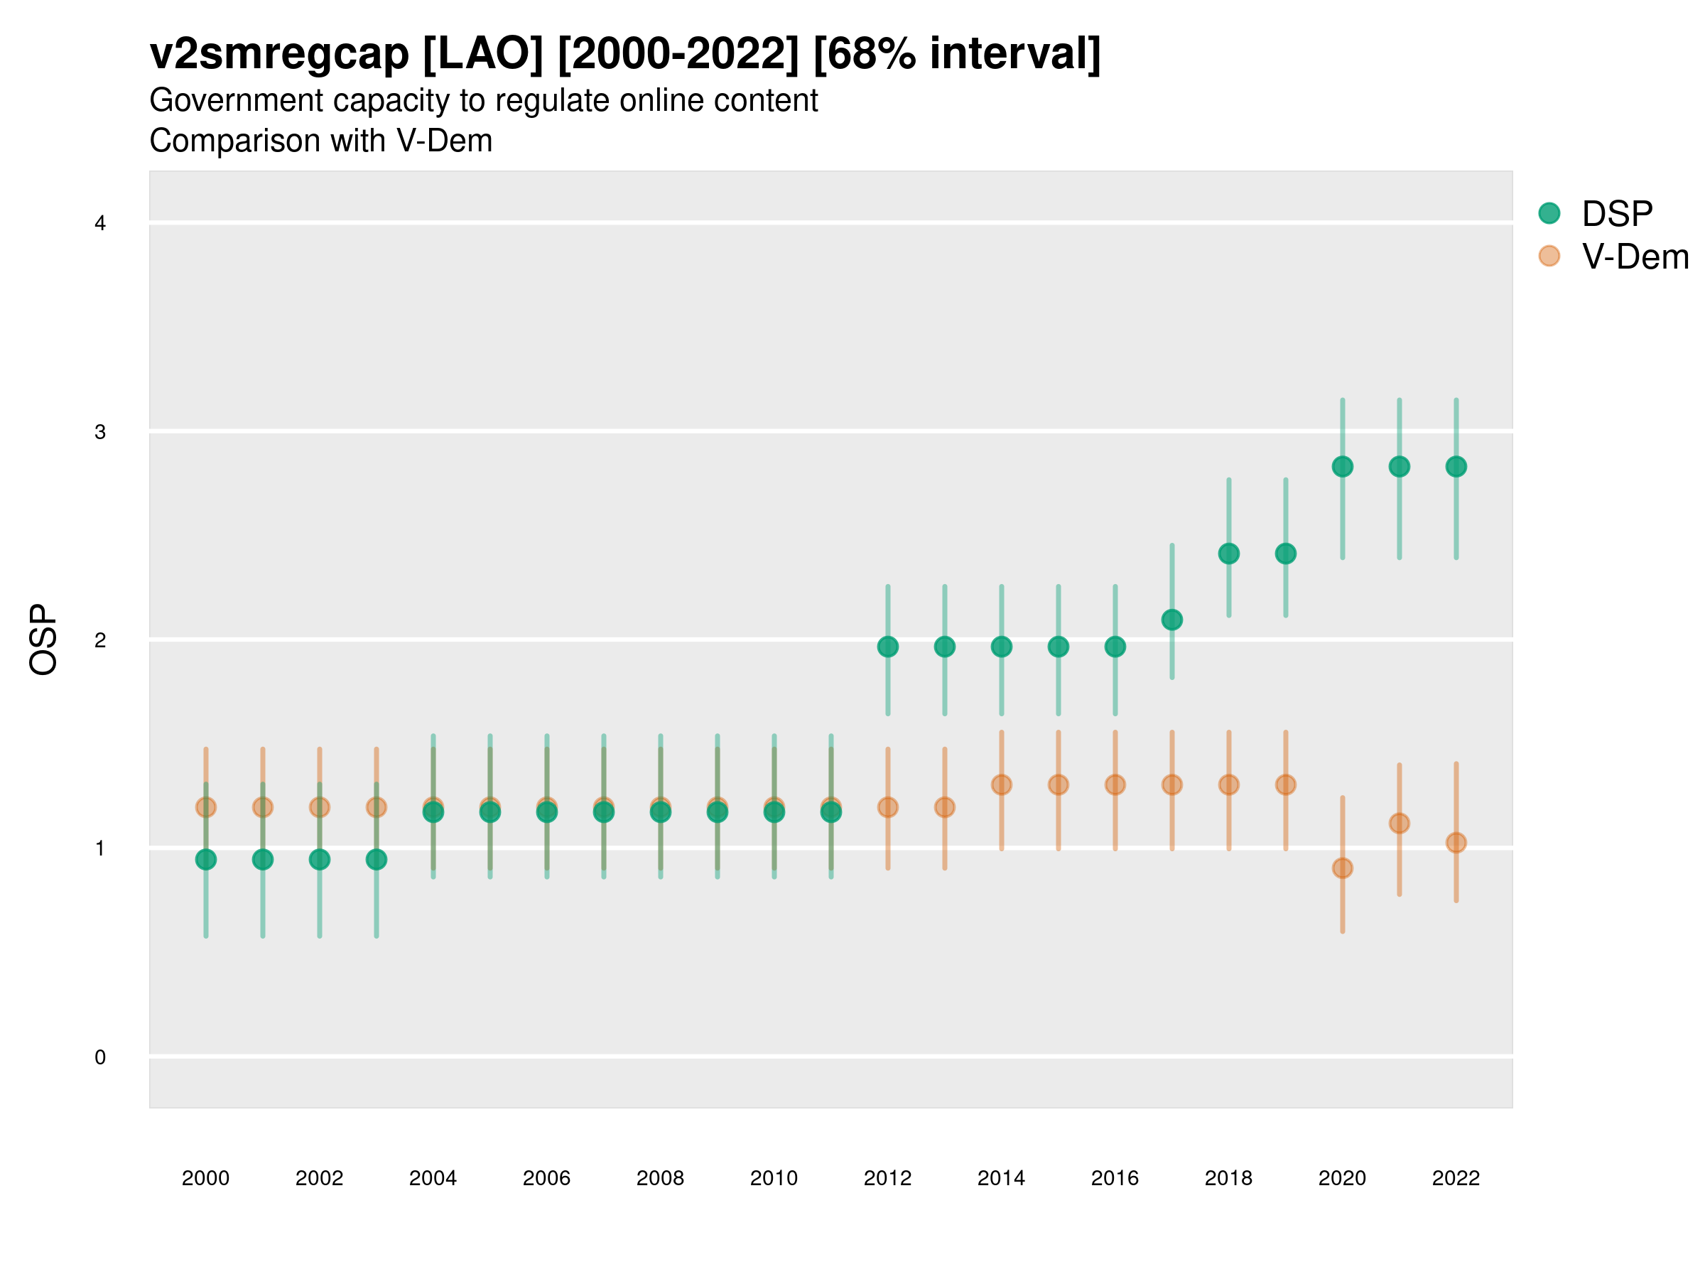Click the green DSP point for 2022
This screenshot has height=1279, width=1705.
pos(1456,466)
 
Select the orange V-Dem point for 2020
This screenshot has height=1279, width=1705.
pos(1342,868)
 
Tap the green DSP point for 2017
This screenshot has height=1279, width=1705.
pos(1171,620)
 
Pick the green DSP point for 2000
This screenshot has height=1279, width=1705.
pos(206,860)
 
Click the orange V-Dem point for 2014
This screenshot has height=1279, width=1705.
pos(1001,785)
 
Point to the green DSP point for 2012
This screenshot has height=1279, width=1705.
pos(888,647)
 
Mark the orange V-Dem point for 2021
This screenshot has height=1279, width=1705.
pos(1399,824)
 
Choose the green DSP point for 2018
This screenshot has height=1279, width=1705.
pos(1228,554)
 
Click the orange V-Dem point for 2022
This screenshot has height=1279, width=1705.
pos(1456,843)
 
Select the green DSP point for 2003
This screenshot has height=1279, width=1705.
pos(376,860)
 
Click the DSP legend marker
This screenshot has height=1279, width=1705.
pos(1549,214)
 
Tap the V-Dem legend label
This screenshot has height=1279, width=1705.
pos(1635,257)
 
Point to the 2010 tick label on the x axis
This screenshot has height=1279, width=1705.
pos(774,1178)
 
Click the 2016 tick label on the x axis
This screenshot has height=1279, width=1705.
pos(1115,1178)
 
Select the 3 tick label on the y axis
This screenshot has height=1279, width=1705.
pos(100,432)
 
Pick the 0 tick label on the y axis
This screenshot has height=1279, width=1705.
pos(100,1057)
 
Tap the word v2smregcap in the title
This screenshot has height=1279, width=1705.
pos(279,54)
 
